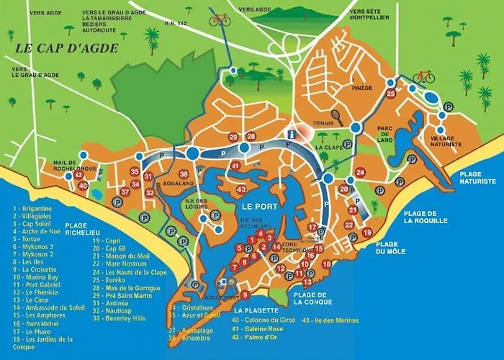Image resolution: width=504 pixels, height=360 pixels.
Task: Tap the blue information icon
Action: click(x=292, y=134)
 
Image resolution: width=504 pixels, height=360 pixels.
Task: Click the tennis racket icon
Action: click(x=336, y=116)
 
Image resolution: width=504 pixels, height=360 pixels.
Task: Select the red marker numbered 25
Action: click(x=390, y=94)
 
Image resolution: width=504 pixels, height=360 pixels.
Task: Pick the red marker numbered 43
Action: click(x=242, y=189)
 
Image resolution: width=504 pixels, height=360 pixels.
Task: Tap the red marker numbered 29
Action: click(x=233, y=137)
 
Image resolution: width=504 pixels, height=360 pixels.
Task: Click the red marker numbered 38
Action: click(x=184, y=174)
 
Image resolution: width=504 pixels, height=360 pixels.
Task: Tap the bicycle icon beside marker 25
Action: click(x=423, y=76)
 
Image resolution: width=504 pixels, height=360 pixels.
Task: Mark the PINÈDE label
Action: click(x=362, y=89)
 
